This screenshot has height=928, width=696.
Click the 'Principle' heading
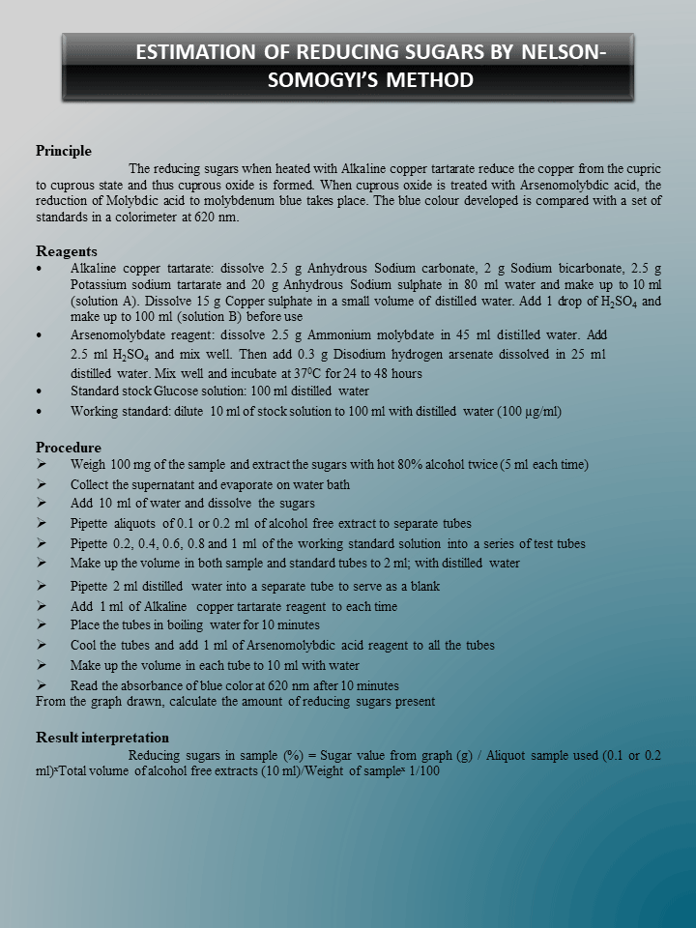pos(64,151)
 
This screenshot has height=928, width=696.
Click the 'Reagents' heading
pos(67,251)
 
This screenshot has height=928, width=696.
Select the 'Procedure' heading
pos(69,448)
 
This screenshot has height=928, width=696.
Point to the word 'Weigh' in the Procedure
pos(88,465)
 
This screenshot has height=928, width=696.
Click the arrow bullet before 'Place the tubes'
pos(42,625)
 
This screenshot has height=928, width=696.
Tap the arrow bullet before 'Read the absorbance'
pos(42,684)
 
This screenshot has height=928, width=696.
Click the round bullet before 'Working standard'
pos(39,412)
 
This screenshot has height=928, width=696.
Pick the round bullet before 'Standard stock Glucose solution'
pos(39,392)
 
